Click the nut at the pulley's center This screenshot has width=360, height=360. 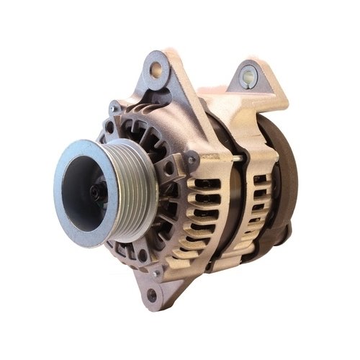click(x=95, y=191)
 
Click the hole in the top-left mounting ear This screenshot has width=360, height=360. click(x=156, y=69)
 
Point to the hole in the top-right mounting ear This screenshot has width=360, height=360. click(x=248, y=73)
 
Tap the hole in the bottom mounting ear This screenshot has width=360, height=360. click(x=152, y=294)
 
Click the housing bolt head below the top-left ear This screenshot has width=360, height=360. click(x=114, y=109)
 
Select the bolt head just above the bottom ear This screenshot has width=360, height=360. click(x=157, y=273)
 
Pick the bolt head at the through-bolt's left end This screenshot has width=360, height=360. click(x=192, y=158)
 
